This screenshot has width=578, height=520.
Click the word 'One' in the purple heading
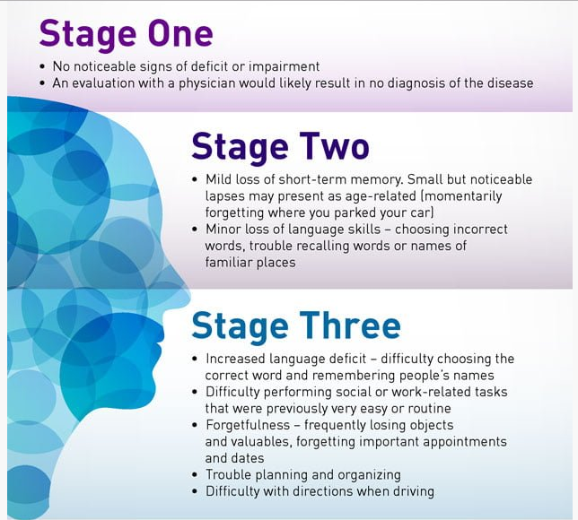point(180,33)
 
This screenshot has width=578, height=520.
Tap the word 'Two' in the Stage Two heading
point(334,146)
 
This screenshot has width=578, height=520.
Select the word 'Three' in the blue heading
point(350,325)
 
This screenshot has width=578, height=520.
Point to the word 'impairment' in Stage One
point(284,66)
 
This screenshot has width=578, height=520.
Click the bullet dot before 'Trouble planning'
point(195,475)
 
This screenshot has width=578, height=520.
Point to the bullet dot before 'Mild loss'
point(195,179)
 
